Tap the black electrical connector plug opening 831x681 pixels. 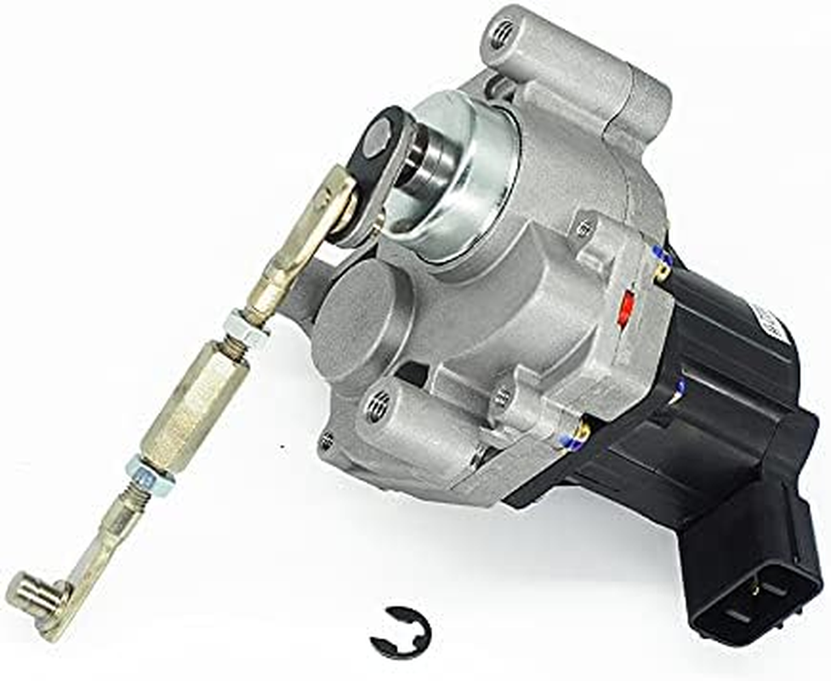760,600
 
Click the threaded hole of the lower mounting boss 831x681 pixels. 377,407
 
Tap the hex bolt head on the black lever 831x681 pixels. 377,138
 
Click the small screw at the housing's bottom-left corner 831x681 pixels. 326,441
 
